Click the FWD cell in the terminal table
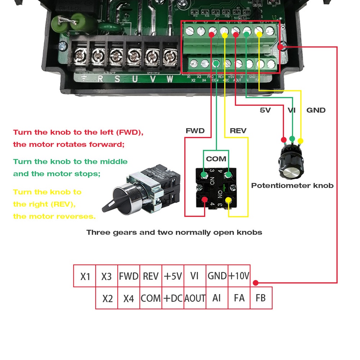click(129, 276)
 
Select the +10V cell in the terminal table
click(239, 276)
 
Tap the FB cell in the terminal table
click(261, 298)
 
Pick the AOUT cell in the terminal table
click(195, 298)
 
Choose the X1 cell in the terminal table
click(85, 276)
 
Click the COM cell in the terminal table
click(150, 298)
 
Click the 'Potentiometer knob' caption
click(292, 186)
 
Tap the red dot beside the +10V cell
click(255, 283)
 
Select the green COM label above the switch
click(216, 159)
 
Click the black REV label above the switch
click(238, 131)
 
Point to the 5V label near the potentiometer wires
click(265, 110)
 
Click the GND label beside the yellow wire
click(316, 110)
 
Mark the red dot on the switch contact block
click(205, 200)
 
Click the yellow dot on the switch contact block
click(228, 200)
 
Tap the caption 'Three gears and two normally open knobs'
click(174, 232)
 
